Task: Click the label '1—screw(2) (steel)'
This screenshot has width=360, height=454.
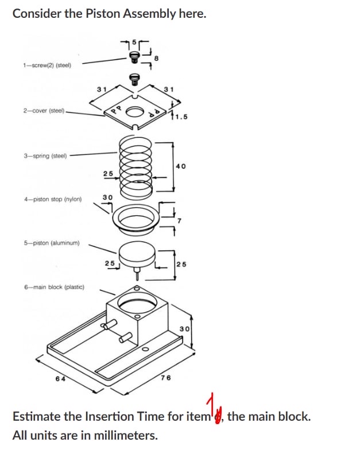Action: coord(47,65)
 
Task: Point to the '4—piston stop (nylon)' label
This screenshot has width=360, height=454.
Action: coord(53,200)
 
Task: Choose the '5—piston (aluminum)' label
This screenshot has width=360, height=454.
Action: coord(52,243)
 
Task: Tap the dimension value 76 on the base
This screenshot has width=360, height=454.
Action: coord(166,378)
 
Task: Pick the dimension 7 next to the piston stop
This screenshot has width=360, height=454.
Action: coord(179,220)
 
